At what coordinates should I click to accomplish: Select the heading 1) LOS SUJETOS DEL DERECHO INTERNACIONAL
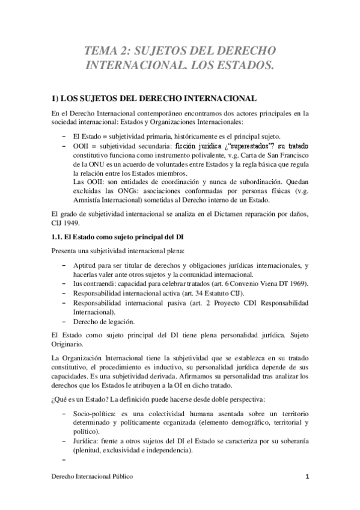(154, 98)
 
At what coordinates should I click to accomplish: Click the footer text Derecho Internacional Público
(91, 476)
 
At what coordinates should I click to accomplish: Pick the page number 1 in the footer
(307, 476)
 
